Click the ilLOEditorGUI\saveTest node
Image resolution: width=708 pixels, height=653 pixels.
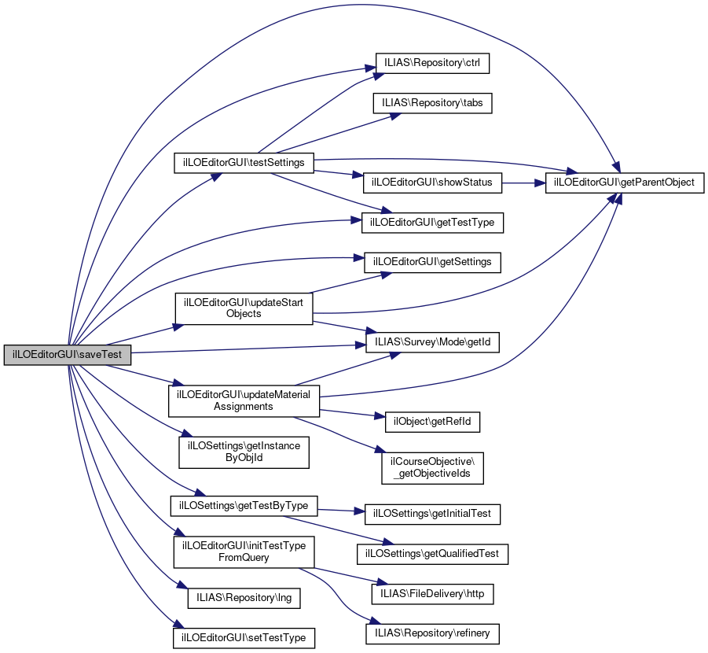(67, 355)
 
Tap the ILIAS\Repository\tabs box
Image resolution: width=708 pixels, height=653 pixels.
(433, 103)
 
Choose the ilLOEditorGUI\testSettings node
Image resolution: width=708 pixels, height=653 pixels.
(244, 162)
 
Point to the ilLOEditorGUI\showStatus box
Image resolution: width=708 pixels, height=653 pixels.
(432, 182)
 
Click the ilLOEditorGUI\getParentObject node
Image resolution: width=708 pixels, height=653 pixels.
(625, 182)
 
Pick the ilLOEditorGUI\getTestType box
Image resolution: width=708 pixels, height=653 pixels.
(432, 223)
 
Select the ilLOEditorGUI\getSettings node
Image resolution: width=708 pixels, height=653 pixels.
(433, 261)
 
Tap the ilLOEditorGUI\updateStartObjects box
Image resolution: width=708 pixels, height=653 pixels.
(244, 308)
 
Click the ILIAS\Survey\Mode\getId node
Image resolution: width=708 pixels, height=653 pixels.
(433, 343)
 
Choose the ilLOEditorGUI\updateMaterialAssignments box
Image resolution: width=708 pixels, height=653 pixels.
(244, 400)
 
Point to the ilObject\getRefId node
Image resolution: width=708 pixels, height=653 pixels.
(432, 421)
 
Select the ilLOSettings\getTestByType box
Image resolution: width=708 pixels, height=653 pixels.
(244, 504)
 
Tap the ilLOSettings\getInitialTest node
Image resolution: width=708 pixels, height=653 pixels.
(433, 513)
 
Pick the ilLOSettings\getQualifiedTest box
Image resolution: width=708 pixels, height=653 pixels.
(432, 554)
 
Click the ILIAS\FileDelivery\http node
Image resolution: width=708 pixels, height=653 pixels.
(432, 592)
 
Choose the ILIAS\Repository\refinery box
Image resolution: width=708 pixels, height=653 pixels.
(432, 632)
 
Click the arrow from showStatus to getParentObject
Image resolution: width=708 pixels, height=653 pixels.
(523, 183)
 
